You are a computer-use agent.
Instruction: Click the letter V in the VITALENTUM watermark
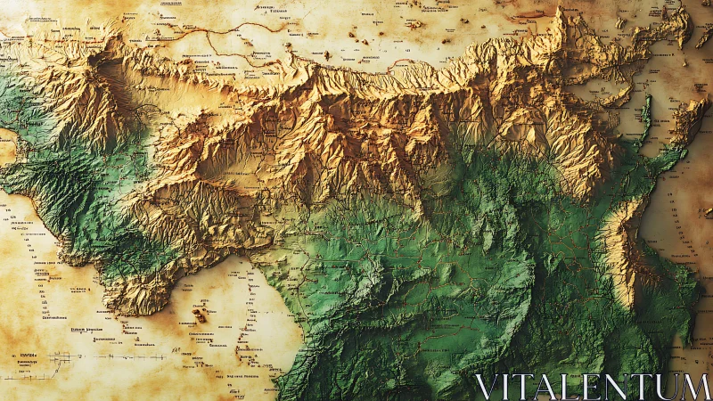(484, 387)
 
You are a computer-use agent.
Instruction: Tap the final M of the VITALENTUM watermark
(696, 387)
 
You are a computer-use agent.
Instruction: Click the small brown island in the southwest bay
(200, 315)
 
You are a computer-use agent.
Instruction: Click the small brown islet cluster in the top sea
(365, 40)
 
